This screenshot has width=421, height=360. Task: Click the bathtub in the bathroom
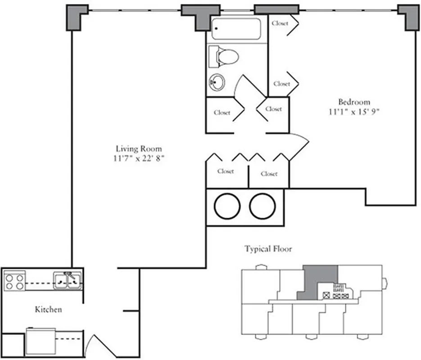236,29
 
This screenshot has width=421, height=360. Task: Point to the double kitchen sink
68,280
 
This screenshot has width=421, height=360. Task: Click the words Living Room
139,148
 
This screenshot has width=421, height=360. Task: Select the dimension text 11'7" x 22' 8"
139,158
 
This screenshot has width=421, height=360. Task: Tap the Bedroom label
354,102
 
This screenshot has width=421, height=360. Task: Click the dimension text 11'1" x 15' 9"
354,112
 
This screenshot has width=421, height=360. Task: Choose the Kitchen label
48,310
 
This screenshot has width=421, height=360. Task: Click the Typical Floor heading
268,248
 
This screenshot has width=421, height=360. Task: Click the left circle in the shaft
227,206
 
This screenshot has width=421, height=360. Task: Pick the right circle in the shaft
263,206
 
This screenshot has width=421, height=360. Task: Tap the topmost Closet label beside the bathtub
280,23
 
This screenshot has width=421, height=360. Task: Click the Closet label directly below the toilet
222,112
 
